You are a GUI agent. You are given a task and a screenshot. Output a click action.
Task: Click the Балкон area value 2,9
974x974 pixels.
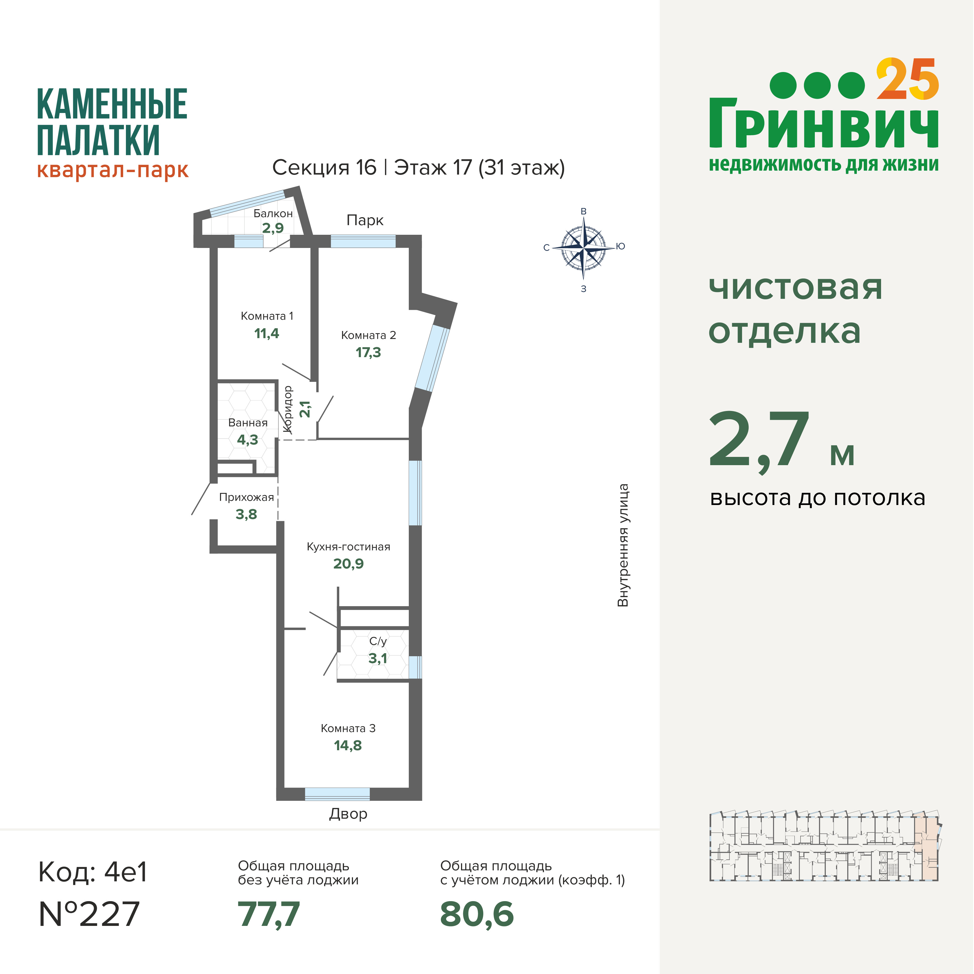[x=273, y=228]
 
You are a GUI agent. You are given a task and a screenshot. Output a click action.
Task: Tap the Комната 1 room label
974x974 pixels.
[x=267, y=316]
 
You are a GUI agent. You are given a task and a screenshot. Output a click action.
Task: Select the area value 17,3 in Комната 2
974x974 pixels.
[x=368, y=352]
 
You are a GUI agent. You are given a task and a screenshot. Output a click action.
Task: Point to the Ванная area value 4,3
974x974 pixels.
[x=247, y=440]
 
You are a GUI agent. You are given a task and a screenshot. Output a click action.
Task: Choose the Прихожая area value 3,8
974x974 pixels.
[x=246, y=514]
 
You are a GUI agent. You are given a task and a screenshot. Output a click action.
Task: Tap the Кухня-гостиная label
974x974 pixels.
[x=348, y=547]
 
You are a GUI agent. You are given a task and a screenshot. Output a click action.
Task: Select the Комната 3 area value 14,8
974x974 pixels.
[x=348, y=745]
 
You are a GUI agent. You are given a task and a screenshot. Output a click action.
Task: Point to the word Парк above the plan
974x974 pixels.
[x=365, y=220]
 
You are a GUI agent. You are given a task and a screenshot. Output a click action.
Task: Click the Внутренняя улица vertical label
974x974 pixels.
[x=623, y=545]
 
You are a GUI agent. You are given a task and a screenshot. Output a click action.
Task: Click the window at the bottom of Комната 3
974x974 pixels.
[x=337, y=794]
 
